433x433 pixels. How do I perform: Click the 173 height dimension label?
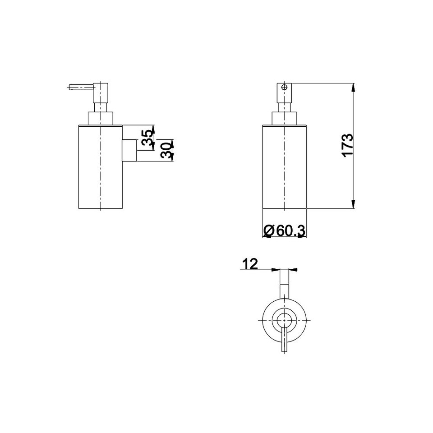click(x=348, y=145)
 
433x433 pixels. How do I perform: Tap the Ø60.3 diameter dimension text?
click(x=284, y=231)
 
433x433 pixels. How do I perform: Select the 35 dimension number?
click(x=147, y=138)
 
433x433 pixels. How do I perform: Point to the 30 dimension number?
click(x=166, y=151)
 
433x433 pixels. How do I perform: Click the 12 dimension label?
click(x=250, y=264)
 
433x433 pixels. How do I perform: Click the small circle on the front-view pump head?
click(x=284, y=88)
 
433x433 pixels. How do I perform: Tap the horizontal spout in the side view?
click(x=81, y=87)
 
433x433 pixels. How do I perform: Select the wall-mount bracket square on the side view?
click(x=129, y=150)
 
